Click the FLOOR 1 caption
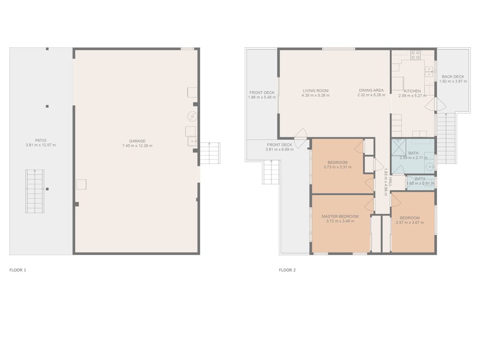pos(18,270)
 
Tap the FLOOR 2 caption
pos(287,270)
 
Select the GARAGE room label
pos(137,141)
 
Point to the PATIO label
pos(41,140)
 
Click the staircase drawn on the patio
pos(35,191)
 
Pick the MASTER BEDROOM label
pos(340,216)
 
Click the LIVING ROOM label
pos(316,91)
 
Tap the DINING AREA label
pos(371,90)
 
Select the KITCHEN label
pos(412,91)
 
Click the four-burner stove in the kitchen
pos(415,55)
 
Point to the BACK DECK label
pos(453,76)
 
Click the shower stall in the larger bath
pos(399,148)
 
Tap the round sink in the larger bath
pos(430,167)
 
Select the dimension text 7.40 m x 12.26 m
pos(137,146)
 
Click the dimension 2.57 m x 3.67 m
pos(410,222)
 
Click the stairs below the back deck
pos(446,138)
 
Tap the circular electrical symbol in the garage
pos(192,116)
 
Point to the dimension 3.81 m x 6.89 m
pos(279,149)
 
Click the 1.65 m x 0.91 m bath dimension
pos(420,183)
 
